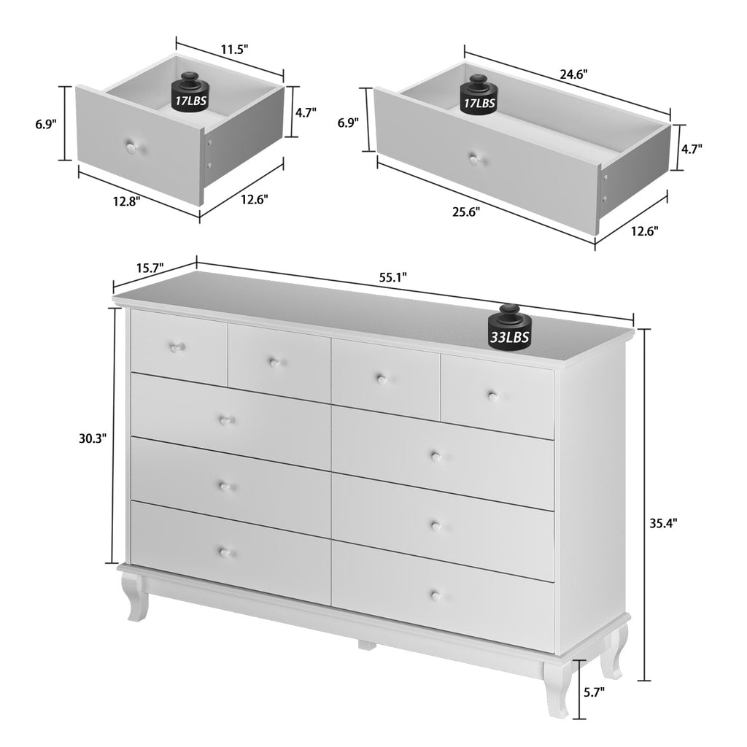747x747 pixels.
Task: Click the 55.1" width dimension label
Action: coord(393,276)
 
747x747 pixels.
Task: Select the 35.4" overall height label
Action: coord(663,522)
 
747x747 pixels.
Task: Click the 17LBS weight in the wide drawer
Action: coord(478,96)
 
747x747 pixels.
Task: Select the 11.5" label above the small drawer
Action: coord(235,50)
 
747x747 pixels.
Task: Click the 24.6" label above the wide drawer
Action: coord(573,74)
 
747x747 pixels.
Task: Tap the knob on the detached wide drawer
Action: coord(475,157)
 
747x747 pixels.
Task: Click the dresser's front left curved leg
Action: coord(135,595)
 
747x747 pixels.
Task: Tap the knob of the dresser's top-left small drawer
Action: coord(174,348)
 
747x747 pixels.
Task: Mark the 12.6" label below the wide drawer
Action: coord(643,231)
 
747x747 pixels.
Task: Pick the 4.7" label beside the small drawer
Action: coord(305,113)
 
